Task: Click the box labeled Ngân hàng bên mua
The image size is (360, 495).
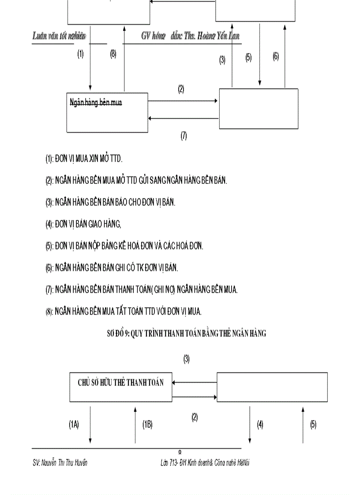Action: [107, 112]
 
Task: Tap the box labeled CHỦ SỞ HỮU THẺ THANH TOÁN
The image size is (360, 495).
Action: [121, 387]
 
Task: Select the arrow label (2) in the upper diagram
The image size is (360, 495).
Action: [181, 89]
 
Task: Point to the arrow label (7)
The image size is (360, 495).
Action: [184, 136]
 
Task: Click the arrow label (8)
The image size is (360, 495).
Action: [113, 55]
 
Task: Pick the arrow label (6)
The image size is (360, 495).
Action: [276, 56]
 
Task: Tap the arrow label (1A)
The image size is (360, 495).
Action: [74, 424]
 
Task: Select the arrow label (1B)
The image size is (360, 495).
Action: [147, 424]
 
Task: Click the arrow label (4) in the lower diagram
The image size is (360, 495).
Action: [260, 424]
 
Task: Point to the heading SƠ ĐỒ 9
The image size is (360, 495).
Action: [187, 334]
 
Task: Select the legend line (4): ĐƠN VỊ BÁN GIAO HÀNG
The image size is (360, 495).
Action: [83, 224]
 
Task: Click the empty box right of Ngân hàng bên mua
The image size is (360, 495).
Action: [259, 108]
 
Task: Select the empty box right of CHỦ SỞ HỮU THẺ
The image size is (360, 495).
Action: [272, 387]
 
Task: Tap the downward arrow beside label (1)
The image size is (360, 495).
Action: [90, 66]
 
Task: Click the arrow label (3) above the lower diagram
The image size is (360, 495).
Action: [187, 359]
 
